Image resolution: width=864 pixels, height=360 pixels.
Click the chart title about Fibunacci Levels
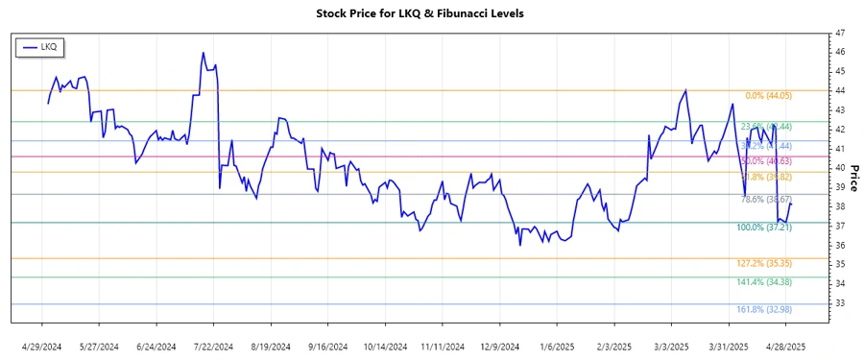tap(433, 13)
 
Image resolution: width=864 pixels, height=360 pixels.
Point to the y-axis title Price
tap(852, 178)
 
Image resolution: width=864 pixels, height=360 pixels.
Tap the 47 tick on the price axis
tap(839, 33)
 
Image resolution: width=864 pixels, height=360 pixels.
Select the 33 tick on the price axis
tap(839, 302)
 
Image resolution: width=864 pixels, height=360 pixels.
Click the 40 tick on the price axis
tap(839, 168)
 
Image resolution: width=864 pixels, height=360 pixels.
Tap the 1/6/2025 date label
tap(556, 346)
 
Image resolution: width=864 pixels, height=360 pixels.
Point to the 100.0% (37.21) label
tap(764, 228)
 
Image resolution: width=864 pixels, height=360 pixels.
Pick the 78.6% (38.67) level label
tap(764, 200)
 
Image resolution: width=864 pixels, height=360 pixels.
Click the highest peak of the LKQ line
tap(204, 53)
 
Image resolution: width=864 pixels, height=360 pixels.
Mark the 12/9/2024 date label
tap(499, 346)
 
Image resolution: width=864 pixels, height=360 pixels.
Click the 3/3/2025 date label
tap(671, 346)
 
